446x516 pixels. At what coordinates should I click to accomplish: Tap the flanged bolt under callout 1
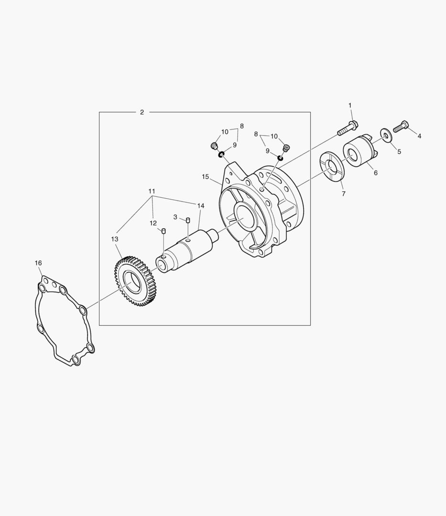coord(348,129)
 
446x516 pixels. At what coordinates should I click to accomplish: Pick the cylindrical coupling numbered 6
coord(361,151)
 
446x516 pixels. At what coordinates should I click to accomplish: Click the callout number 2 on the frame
coord(142,112)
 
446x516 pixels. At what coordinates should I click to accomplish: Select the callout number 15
coord(206,177)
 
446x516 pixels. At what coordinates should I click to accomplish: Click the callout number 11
coord(152,191)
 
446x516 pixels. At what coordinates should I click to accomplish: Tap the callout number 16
coord(38,263)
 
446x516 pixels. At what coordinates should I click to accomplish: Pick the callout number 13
coord(115,239)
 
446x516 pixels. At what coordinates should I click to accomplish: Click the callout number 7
coord(344,194)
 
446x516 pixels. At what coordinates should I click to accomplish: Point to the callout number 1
coord(350,105)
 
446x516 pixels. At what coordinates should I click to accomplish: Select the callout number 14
coord(201,206)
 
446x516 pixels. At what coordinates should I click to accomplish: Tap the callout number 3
coord(175,217)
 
